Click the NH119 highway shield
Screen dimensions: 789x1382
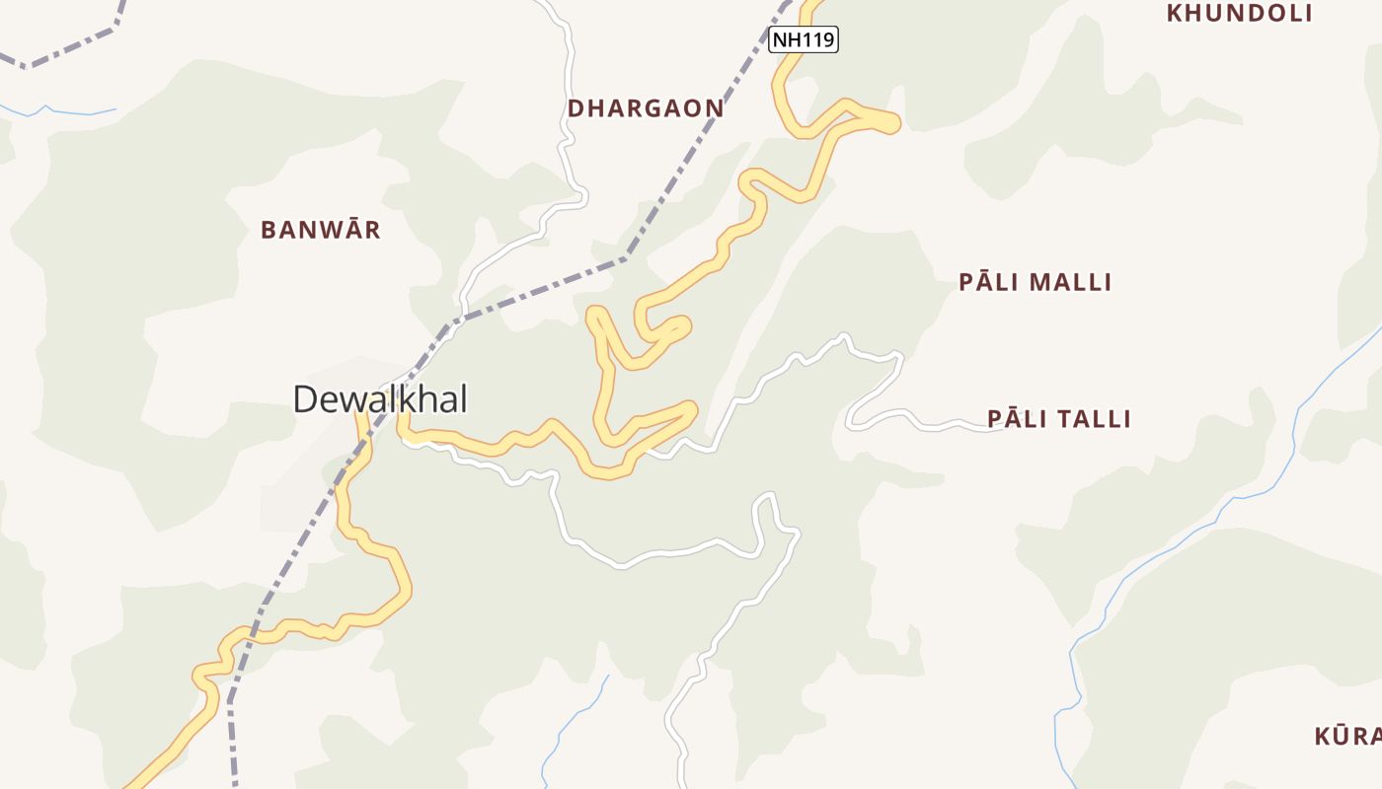(x=804, y=40)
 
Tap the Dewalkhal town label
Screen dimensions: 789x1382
(x=380, y=399)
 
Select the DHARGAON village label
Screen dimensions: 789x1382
(x=646, y=108)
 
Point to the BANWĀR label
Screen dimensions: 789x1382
(x=321, y=230)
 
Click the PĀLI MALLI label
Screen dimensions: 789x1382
(x=1036, y=283)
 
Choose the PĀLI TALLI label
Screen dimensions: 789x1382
(x=1059, y=419)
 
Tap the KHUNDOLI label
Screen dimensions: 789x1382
(x=1240, y=14)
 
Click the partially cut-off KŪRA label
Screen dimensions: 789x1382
(x=1348, y=736)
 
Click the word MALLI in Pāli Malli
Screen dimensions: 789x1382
(x=1072, y=283)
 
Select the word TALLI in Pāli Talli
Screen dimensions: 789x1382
(x=1095, y=419)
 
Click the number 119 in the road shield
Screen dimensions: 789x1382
(x=819, y=40)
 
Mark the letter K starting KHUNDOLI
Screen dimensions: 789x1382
(x=1175, y=14)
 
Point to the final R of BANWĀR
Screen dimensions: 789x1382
(x=372, y=230)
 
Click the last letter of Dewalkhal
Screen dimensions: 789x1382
(x=462, y=399)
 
